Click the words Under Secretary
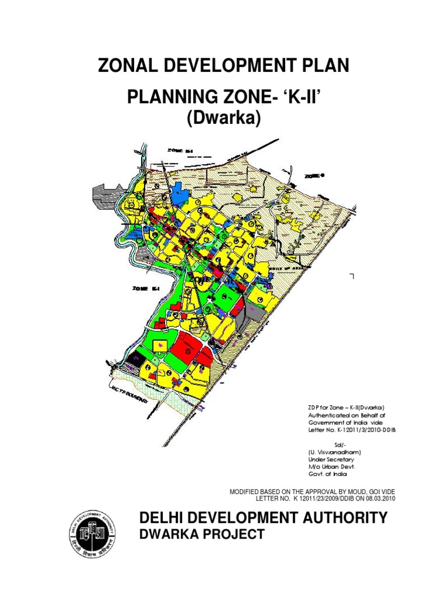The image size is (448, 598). pos(331,460)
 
